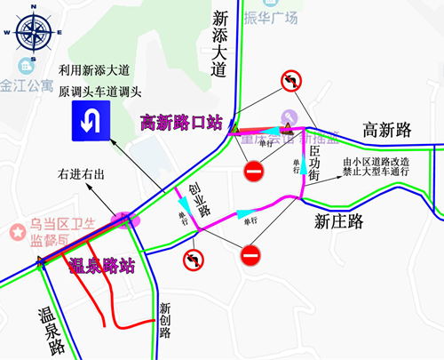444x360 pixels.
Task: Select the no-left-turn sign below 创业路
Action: pos(192,260)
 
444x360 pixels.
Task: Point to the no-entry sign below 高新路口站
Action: pos(254,170)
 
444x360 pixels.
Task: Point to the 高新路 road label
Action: pos(388,130)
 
